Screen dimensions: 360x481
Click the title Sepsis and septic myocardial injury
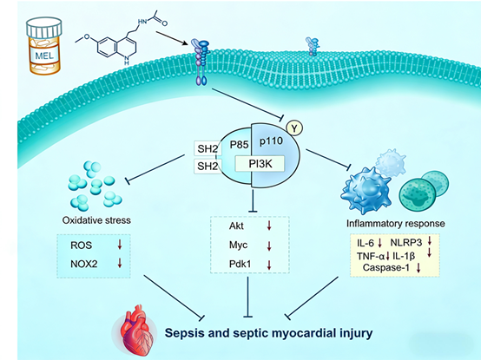point(261,332)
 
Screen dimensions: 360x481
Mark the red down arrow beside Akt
point(270,227)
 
